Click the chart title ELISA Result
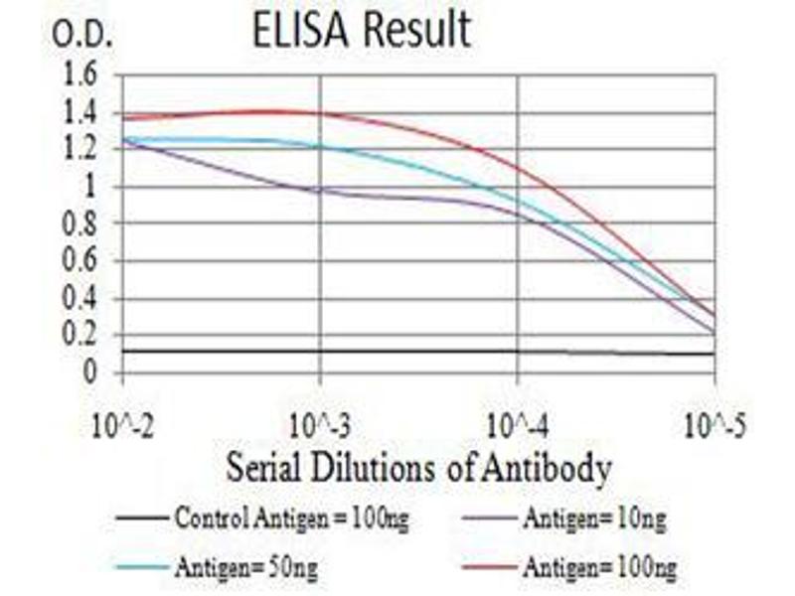point(361,32)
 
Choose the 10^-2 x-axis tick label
point(121,429)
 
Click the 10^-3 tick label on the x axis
point(319,429)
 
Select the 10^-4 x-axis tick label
point(517,429)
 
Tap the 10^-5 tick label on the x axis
point(715,429)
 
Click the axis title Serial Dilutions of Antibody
point(417,468)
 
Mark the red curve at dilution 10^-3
point(319,112)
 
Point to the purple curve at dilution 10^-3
point(319,190)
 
